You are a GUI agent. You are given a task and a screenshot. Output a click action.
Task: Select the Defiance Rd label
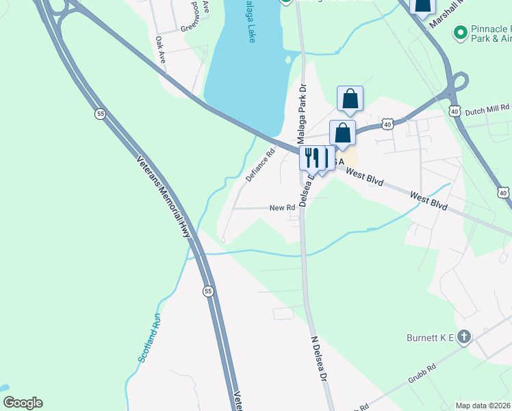tap(260, 165)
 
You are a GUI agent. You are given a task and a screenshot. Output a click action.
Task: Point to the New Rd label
tap(282, 208)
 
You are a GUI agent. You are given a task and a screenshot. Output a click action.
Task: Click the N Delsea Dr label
tap(320, 360)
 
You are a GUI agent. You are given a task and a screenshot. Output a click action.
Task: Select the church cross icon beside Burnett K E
tap(465, 336)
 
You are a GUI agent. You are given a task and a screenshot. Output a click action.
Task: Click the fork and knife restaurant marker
tap(311, 158)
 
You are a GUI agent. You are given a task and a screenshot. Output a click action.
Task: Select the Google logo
tap(23, 403)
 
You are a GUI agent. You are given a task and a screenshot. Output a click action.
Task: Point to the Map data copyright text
tap(483, 406)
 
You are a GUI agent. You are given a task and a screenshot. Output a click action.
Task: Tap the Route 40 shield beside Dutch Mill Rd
tap(455, 110)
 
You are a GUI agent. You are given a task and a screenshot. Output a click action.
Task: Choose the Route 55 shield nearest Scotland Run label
tap(207, 292)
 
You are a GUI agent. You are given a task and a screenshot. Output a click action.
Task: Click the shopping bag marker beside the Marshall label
tap(422, 7)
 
